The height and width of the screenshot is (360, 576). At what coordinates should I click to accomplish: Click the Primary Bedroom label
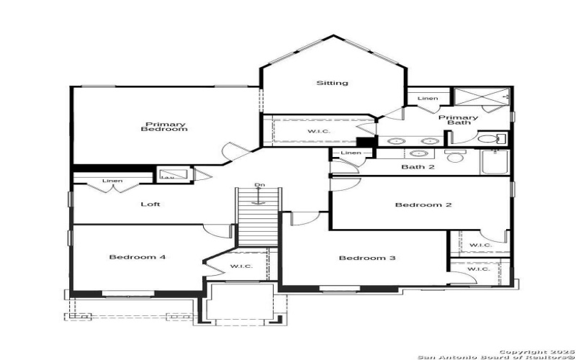pyautogui.click(x=164, y=126)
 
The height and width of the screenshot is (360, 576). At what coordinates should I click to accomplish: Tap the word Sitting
pyautogui.click(x=332, y=83)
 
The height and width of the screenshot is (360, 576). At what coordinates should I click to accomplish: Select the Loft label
pyautogui.click(x=150, y=204)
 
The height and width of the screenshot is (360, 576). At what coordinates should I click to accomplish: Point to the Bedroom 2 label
pyautogui.click(x=423, y=204)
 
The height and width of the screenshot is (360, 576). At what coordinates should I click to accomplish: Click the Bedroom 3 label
pyautogui.click(x=366, y=258)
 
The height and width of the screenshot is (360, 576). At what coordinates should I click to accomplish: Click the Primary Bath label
pyautogui.click(x=458, y=120)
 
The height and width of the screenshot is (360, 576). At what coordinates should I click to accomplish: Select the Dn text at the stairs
pyautogui.click(x=260, y=186)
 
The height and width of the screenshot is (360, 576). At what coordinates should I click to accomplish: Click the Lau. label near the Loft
pyautogui.click(x=166, y=176)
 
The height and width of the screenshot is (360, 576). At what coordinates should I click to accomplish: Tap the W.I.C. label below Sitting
pyautogui.click(x=318, y=131)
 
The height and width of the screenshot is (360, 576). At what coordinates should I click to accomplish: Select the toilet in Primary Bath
pyautogui.click(x=490, y=139)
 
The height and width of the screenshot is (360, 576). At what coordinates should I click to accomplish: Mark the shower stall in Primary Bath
pyautogui.click(x=480, y=99)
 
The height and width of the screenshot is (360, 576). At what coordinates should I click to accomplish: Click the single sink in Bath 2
pyautogui.click(x=416, y=153)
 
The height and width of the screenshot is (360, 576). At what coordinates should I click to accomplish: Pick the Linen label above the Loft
pyautogui.click(x=112, y=181)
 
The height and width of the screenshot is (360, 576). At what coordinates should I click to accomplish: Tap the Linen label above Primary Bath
pyautogui.click(x=427, y=99)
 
